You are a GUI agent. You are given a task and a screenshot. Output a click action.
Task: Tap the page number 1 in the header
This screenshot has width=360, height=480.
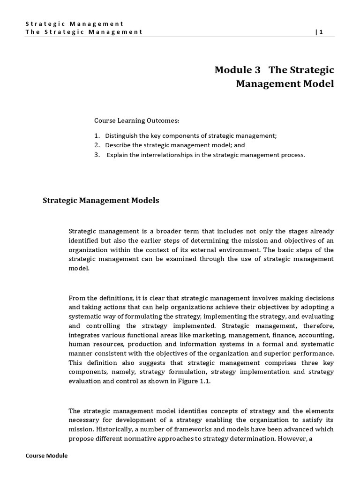coord(321,32)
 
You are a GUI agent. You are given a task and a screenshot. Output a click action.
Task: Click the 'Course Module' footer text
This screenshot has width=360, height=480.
coord(46,456)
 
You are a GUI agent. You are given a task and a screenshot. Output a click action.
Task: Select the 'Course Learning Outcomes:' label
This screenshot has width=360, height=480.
coord(137,120)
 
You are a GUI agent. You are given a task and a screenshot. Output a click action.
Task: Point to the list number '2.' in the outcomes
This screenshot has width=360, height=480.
coord(97,145)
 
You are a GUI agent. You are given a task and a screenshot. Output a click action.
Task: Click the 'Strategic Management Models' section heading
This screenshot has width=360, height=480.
coord(101,200)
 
